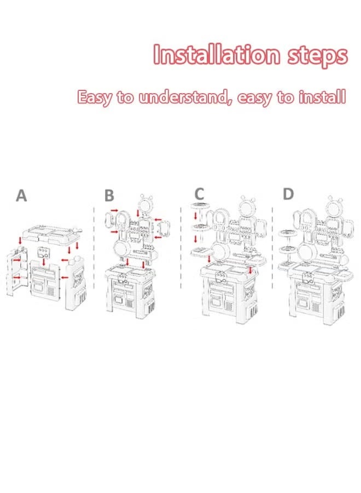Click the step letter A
(21, 196)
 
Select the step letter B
(109, 196)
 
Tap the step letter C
(200, 193)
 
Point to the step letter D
(288, 193)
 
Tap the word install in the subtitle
(323, 98)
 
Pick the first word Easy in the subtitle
(95, 98)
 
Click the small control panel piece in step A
(44, 254)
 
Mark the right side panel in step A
(75, 282)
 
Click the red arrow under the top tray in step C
(195, 218)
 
